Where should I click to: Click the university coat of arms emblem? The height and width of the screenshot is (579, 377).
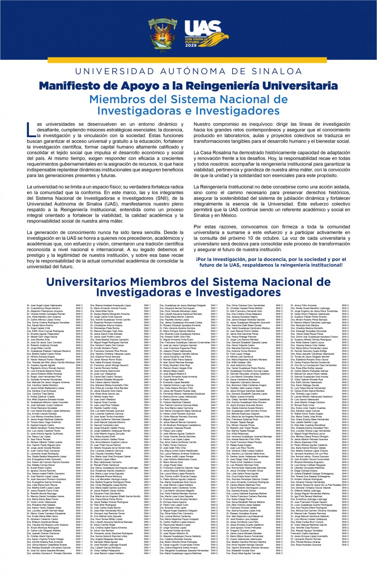pos(162,33)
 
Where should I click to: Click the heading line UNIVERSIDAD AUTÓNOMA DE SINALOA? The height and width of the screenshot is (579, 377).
pos(188,71)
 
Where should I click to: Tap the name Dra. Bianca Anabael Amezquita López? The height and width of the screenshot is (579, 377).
pos(111,306)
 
